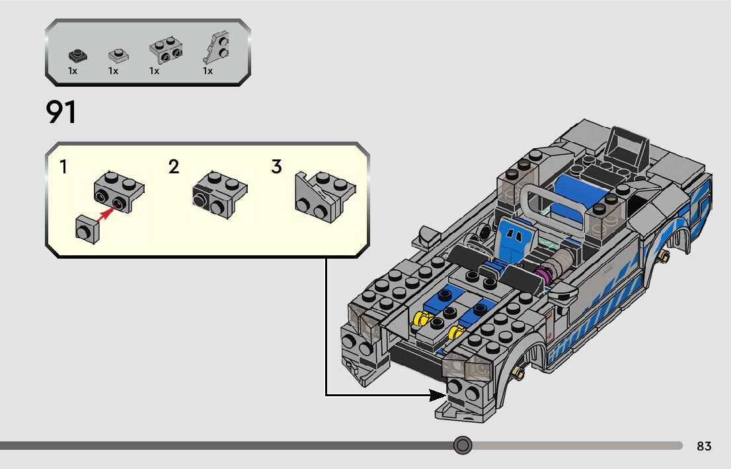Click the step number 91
pos(61,112)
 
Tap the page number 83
pos(704,447)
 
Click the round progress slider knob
pos(463,445)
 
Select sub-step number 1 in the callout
pos(63,167)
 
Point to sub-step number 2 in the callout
pos(174,167)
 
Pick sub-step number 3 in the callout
pos(276,167)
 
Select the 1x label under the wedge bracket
pos(208,71)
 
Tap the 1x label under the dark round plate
pos(73,71)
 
